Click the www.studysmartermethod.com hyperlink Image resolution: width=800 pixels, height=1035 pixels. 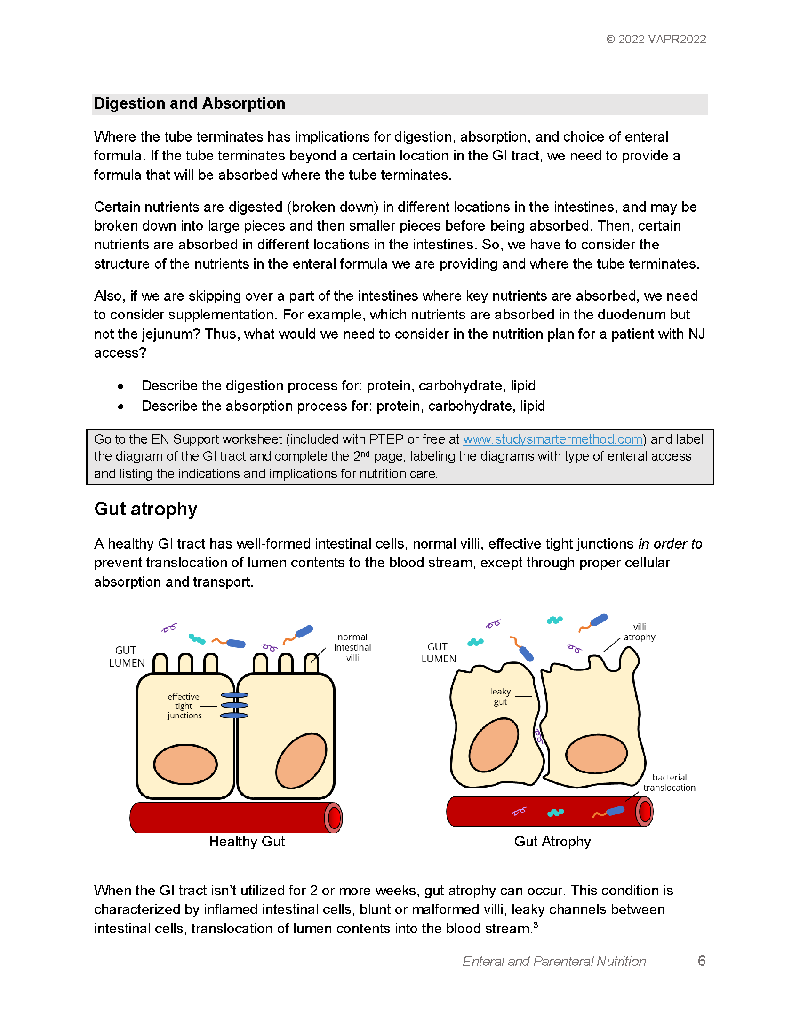(x=552, y=439)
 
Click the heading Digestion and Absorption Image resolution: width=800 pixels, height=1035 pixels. (x=190, y=103)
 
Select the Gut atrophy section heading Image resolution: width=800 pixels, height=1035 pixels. (x=145, y=509)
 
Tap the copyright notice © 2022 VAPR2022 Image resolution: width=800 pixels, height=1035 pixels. (x=656, y=40)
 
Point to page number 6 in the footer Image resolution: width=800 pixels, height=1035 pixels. (x=702, y=961)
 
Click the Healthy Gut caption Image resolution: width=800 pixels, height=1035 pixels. (x=247, y=841)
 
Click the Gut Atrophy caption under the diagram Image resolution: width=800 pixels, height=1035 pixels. (x=552, y=841)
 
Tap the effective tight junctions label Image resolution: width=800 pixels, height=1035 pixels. (x=184, y=706)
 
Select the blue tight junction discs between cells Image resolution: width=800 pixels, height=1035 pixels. (x=235, y=705)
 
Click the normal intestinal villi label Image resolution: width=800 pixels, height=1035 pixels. (x=352, y=647)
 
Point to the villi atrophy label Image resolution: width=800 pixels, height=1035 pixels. (x=640, y=632)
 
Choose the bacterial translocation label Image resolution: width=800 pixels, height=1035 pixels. (x=669, y=782)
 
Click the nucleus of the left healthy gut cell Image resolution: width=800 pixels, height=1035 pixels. (x=185, y=764)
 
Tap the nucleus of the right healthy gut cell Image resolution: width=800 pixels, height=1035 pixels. (x=302, y=761)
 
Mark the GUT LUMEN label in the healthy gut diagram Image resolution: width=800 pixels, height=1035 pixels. (x=127, y=656)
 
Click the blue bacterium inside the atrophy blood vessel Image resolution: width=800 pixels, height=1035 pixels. (x=615, y=811)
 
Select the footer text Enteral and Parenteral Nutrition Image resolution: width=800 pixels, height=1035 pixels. (x=554, y=961)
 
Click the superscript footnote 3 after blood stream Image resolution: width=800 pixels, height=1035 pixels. (x=536, y=924)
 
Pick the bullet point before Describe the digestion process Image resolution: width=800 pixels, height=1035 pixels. (x=121, y=387)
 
